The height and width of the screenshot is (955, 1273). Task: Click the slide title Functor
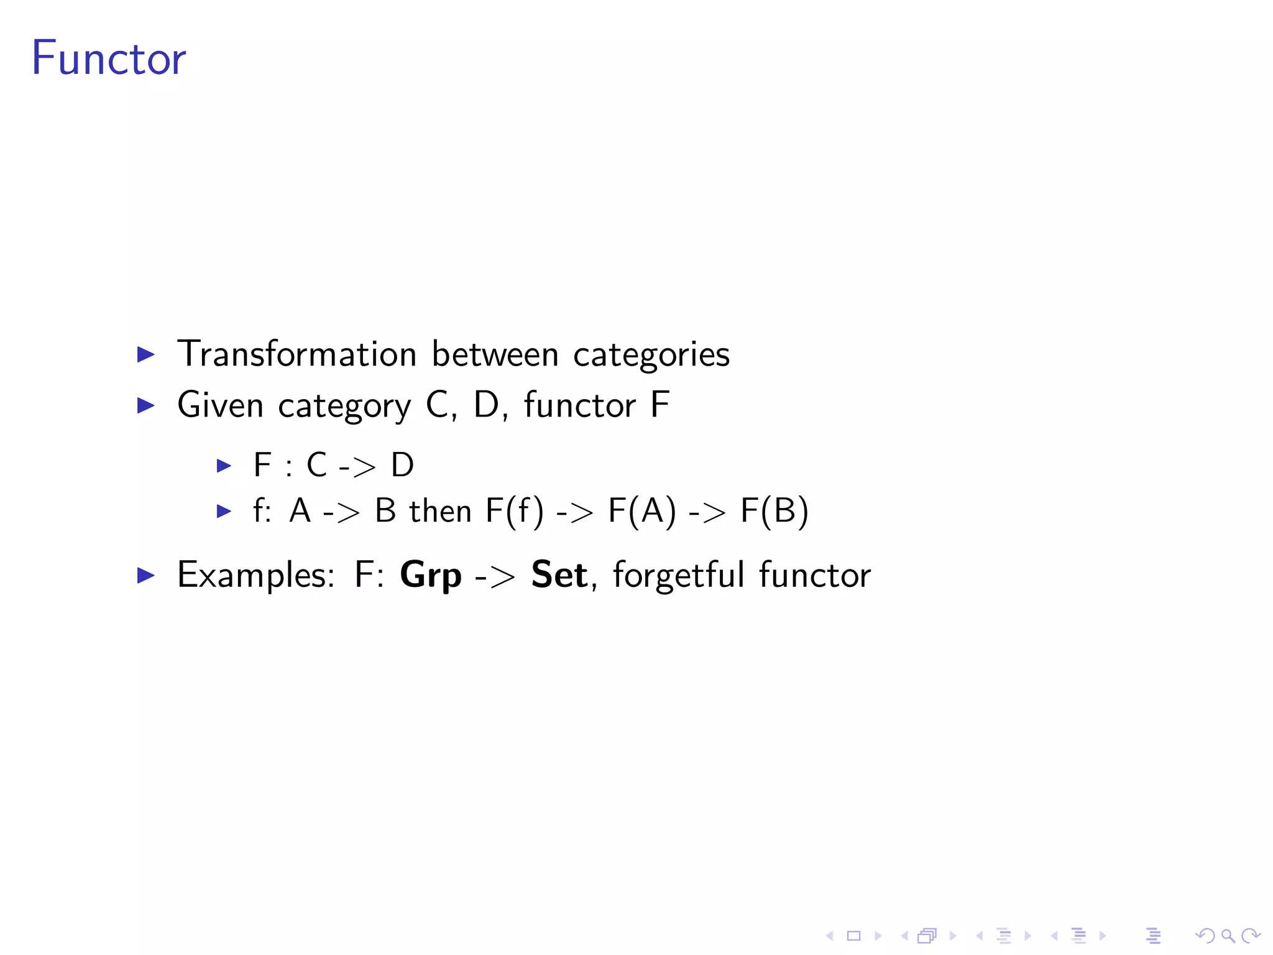[109, 58]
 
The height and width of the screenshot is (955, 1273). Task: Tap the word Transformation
[296, 354]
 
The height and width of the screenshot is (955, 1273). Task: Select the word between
[495, 354]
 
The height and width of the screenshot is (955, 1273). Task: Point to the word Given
[220, 405]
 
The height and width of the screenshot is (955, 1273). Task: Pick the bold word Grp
[431, 575]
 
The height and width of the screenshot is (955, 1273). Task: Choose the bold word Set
[559, 574]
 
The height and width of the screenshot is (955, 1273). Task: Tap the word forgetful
[678, 574]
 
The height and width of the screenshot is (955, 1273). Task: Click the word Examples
[255, 575]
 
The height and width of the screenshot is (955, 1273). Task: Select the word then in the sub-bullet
[440, 512]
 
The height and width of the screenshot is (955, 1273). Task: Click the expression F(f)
[514, 512]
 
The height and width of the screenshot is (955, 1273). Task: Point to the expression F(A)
[641, 512]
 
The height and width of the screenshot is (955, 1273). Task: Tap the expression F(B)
[774, 512]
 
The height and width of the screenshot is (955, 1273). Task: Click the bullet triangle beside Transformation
[145, 354]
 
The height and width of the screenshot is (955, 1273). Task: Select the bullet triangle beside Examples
[145, 575]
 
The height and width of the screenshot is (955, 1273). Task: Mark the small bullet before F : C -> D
[224, 465]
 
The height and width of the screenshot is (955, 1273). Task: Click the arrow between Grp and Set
[495, 576]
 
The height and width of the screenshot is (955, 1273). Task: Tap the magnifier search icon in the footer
[1228, 936]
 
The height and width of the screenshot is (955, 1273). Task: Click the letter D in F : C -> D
[402, 465]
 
